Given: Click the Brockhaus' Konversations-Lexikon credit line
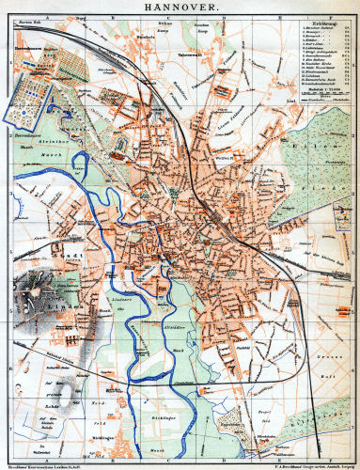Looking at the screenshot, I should [47, 463].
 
